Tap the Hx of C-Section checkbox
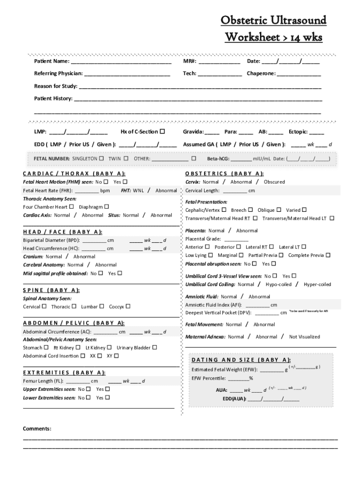pos(163,132)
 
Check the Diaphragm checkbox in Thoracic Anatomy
pos(106,207)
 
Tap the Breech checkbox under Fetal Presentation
pos(250,210)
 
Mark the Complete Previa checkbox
pos(328,255)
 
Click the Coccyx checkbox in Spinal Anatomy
pos(128,306)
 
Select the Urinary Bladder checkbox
pos(155,348)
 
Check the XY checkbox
pos(117,356)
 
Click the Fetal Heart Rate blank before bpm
pos(87,191)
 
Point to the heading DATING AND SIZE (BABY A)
pos(241,360)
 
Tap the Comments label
pos(37,428)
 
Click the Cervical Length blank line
pos(235,191)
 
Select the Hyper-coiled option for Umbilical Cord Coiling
pos(317,284)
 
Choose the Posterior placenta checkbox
pos(239,247)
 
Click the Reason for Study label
pos(55,86)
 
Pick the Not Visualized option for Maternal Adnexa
pos(304,337)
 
